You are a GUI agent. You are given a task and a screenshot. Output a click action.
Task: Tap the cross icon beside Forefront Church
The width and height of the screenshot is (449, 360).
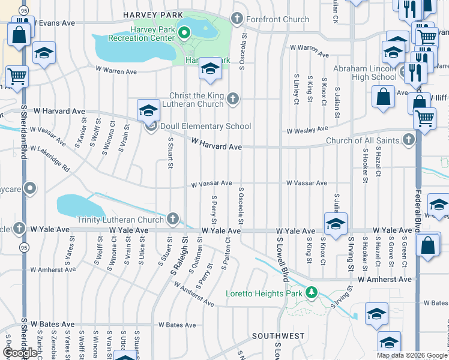coord(237,19)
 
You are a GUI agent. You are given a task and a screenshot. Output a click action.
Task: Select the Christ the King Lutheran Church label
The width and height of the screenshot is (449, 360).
coord(188,100)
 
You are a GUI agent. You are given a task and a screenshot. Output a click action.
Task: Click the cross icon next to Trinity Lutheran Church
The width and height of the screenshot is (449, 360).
coord(173,219)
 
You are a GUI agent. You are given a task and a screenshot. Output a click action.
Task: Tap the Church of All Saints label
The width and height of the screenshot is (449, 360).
coord(363,141)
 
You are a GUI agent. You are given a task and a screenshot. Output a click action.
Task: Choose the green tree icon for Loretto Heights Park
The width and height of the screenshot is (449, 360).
coord(311,293)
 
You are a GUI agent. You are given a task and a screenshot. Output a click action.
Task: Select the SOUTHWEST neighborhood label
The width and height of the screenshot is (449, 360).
coord(278,336)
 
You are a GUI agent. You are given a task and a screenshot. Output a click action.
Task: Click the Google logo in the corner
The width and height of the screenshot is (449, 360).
coord(20,353)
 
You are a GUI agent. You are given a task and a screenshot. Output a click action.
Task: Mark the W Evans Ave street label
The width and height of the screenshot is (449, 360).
coord(54,22)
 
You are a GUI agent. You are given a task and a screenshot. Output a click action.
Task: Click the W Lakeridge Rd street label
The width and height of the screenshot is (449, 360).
coord(50,158)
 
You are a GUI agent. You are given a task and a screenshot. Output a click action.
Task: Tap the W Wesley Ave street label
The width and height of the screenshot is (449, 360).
coord(307,129)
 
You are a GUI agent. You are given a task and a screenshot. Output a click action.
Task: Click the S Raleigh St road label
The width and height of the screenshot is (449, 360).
coord(178,256)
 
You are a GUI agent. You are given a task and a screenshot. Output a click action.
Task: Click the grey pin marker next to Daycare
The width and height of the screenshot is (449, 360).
coord(28,190)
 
